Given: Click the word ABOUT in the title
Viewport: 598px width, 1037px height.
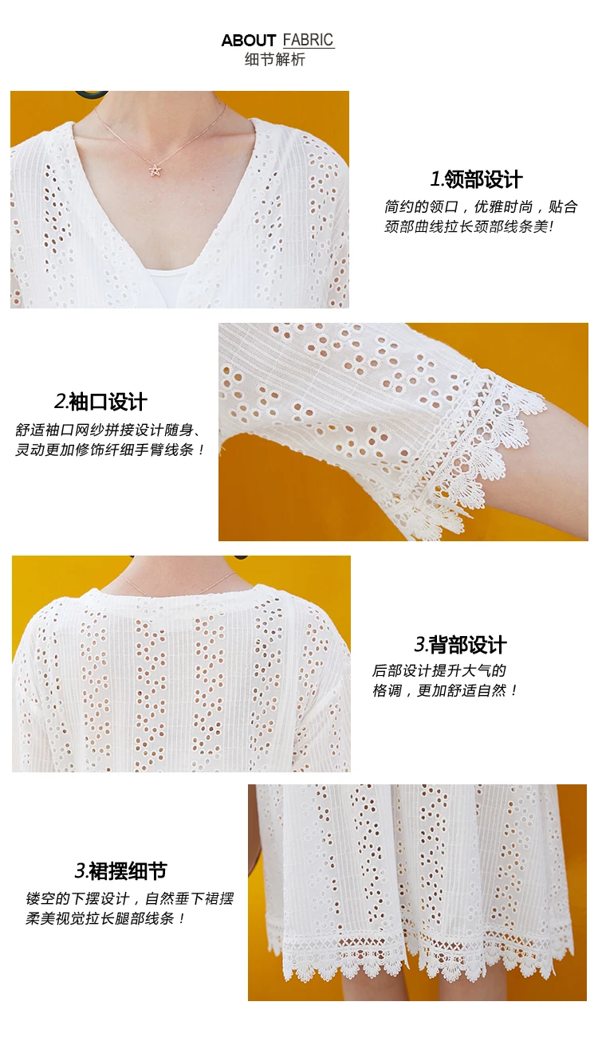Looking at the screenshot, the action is pos(248,41).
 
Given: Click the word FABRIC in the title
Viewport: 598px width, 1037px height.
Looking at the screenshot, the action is pos(308,41).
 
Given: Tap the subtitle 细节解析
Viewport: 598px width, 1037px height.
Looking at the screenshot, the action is pos(275,60).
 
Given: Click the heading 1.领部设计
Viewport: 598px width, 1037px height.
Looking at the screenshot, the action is pos(476,179).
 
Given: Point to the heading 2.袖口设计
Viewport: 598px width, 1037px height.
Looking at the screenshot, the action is pos(100,402).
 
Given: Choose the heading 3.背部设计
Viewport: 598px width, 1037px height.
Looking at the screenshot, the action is pos(460,645).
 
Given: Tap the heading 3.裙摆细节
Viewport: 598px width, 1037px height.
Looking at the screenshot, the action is pos(120,870).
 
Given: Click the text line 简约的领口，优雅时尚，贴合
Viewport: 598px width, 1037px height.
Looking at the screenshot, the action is pos(481,206).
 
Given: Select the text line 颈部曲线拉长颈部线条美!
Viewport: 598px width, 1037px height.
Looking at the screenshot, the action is pos(469,227).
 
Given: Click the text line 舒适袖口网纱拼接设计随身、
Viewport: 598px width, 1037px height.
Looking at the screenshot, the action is pos(108,430).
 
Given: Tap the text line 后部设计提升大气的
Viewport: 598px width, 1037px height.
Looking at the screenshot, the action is pos(439,670).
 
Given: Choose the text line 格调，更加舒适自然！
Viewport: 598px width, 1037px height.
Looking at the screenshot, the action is pos(445,691).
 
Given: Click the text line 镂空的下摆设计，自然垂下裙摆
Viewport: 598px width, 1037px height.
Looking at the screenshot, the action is pos(129,899).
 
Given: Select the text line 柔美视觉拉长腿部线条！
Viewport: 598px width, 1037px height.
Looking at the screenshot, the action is pos(105,919).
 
